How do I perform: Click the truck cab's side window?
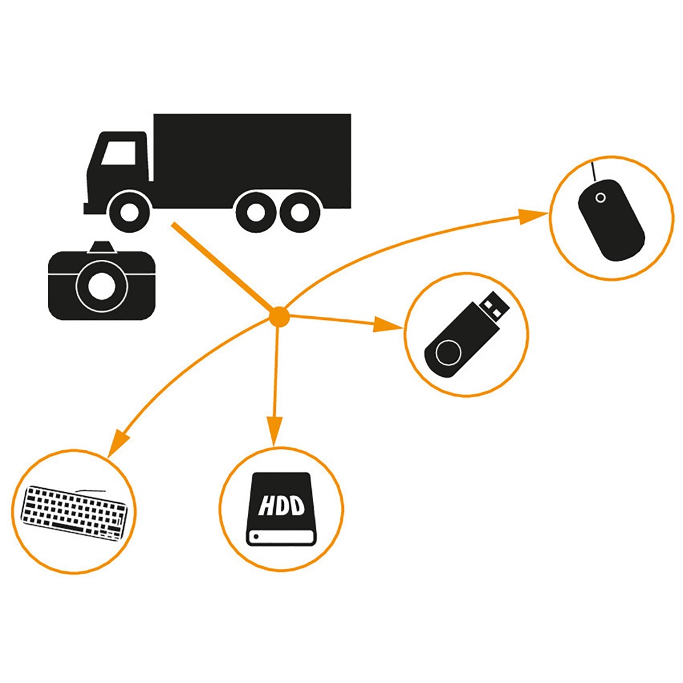coord(120,154)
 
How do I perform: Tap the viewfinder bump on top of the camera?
coord(102,247)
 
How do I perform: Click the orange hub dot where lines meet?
coord(278,316)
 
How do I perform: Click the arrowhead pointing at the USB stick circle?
coord(387,325)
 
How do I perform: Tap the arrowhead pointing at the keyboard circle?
coord(118,440)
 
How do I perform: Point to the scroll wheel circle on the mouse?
coord(600,198)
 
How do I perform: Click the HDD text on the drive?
coord(282,505)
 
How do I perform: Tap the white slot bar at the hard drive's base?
coord(281,537)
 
